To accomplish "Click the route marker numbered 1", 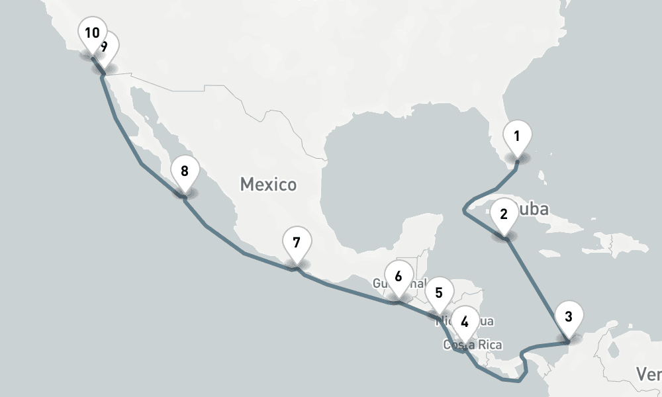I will click(x=516, y=137).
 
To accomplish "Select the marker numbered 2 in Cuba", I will click(x=504, y=215).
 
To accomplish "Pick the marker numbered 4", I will click(x=465, y=323).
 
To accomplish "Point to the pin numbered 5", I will click(x=438, y=293).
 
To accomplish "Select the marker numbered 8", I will click(x=184, y=172).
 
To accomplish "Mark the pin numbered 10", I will click(x=91, y=32).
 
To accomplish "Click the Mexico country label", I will click(x=268, y=184).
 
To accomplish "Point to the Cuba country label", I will click(x=535, y=210).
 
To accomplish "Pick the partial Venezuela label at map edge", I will click(x=649, y=374).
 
